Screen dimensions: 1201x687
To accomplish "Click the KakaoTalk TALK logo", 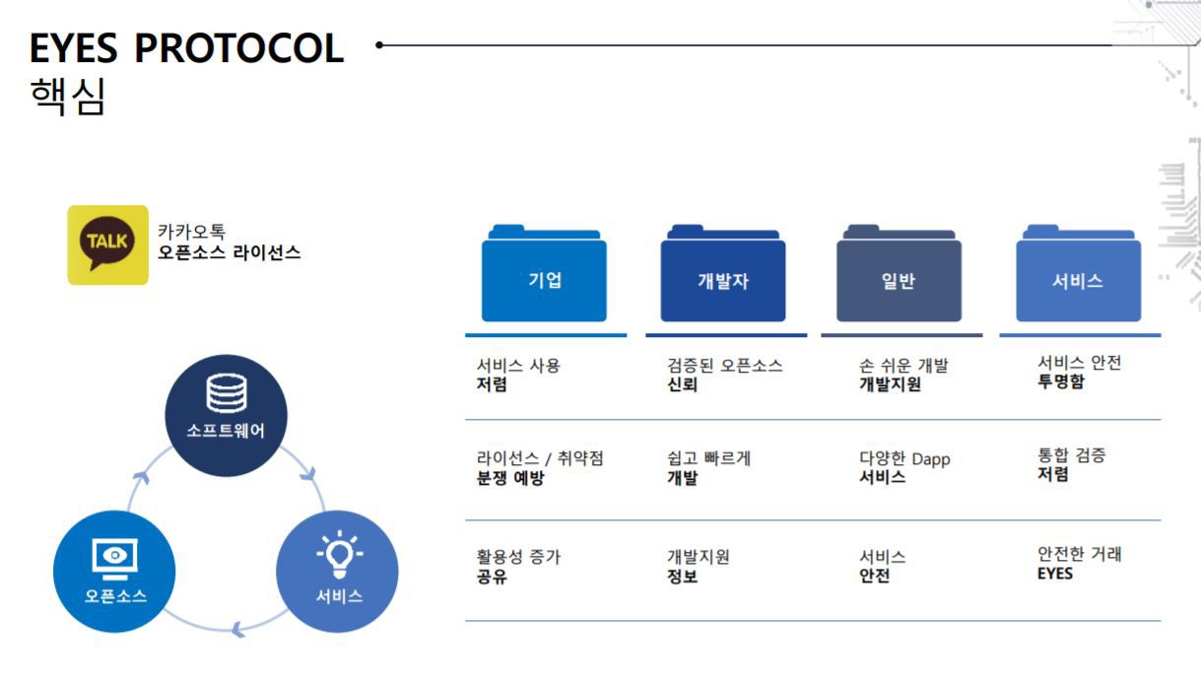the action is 107,245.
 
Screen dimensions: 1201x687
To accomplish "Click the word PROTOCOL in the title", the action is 239,48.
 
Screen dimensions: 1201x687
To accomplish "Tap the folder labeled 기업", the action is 544,273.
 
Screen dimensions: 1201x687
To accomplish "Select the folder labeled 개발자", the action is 723,273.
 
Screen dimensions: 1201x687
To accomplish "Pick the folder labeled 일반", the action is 900,273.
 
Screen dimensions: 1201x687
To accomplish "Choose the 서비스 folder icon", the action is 1078,273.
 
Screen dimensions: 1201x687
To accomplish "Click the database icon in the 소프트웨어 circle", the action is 227,393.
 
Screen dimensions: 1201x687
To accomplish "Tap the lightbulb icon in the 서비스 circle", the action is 339,554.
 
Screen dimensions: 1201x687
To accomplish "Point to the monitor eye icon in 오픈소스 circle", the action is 114,558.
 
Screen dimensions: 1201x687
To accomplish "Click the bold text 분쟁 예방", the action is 510,477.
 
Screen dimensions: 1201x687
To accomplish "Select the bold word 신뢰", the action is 682,384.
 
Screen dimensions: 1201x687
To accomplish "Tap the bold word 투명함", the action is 1060,381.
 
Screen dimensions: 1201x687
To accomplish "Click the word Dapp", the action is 931,459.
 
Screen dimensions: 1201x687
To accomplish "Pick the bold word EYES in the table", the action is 1054,574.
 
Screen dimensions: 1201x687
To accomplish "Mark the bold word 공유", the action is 492,577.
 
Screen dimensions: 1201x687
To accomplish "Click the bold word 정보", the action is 682,577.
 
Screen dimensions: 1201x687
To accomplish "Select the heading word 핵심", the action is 68,96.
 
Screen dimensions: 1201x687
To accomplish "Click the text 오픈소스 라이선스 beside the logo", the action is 229,252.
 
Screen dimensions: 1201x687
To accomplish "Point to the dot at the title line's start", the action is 379,45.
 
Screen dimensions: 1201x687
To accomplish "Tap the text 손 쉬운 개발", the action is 903,366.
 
